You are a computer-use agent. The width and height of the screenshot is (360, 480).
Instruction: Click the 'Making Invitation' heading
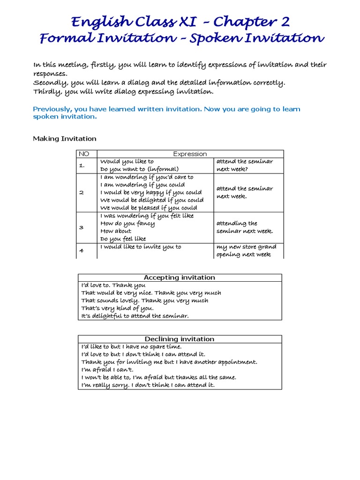(65, 138)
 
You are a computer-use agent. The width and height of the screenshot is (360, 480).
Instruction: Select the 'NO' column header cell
(84, 154)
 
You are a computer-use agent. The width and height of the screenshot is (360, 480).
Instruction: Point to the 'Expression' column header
(190, 154)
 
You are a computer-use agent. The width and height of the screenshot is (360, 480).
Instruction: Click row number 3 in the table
(81, 227)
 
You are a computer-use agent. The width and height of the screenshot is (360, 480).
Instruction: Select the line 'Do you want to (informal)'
(139, 169)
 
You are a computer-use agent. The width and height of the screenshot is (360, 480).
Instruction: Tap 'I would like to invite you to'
(141, 247)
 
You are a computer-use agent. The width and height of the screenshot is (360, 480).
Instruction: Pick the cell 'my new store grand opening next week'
(246, 251)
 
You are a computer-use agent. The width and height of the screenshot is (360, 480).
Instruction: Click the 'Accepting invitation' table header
(180, 277)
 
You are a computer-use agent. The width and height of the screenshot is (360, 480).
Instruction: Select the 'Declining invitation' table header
(180, 339)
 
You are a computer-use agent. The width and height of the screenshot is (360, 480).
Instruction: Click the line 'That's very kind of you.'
(117, 308)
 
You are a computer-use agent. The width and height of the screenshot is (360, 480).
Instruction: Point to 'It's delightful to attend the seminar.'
(135, 316)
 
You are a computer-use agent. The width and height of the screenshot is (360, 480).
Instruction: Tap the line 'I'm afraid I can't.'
(107, 369)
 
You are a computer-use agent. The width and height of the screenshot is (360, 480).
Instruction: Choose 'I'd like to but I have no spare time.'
(131, 346)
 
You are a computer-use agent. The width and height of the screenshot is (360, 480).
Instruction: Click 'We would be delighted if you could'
(152, 200)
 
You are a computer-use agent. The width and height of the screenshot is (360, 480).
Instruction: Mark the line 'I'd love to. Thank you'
(113, 285)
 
